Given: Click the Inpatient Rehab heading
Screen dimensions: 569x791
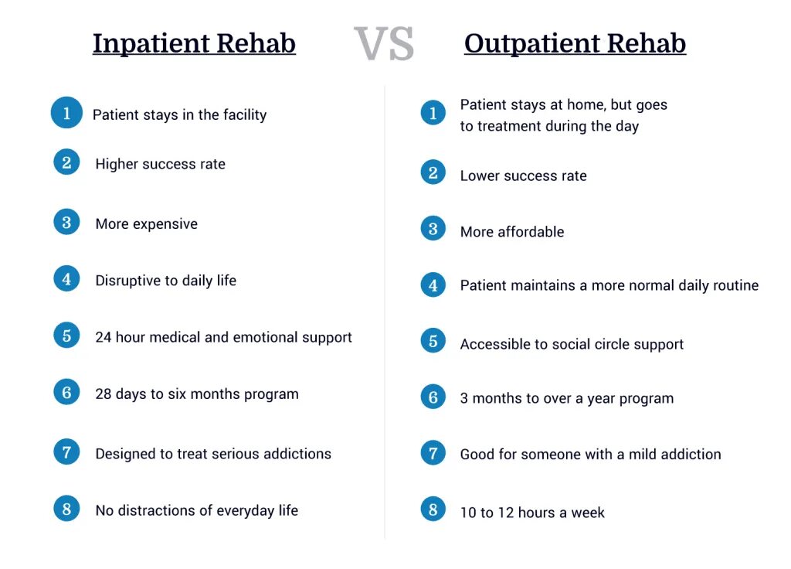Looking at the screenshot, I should (194, 43).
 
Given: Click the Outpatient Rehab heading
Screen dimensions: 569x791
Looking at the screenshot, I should (575, 43).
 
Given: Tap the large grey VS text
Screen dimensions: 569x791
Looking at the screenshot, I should (384, 44).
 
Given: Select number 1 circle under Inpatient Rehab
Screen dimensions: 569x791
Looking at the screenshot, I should (67, 113).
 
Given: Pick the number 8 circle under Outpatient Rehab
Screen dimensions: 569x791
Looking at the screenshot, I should (433, 509).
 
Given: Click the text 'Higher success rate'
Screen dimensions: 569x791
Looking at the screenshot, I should (160, 164).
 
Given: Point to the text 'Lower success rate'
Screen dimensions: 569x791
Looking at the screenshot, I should (523, 175).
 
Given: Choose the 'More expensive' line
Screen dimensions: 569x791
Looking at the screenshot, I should (146, 224).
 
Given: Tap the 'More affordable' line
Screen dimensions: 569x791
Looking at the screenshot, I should (512, 232).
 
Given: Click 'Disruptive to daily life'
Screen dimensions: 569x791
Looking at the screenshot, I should (165, 281).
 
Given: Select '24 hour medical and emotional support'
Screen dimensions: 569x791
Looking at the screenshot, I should (223, 337).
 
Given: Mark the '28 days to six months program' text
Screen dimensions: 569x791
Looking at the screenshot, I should (196, 394).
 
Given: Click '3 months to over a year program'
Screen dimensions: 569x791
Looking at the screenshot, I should (566, 399).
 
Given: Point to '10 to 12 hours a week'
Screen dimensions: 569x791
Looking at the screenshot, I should (532, 513).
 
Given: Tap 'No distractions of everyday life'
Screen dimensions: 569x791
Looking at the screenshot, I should (196, 510).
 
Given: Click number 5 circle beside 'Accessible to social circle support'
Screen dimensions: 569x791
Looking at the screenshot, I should (433, 341).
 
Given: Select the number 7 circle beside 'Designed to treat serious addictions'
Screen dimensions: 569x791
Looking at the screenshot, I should (67, 451).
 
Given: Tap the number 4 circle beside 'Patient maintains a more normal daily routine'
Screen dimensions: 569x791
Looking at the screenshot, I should (433, 284).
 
